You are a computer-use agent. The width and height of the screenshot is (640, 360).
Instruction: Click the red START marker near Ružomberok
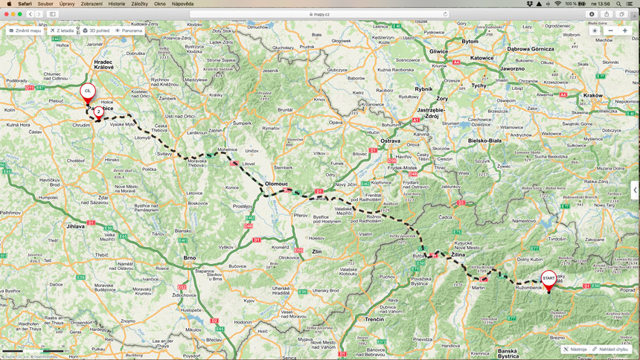548,279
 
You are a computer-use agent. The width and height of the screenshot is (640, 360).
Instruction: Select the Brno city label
189,257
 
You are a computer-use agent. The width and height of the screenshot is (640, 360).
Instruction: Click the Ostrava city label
390,140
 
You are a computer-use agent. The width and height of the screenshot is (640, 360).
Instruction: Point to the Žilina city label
458,254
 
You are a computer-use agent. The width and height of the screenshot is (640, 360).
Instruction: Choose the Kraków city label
593,95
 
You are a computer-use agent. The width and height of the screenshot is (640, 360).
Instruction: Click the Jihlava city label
76,225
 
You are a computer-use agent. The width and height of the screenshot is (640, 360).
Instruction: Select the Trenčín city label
374,318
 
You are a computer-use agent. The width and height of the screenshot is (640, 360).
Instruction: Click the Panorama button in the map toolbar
129,30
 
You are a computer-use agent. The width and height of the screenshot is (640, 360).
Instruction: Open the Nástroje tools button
575,349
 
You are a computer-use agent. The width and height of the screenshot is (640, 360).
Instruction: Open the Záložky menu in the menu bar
140,4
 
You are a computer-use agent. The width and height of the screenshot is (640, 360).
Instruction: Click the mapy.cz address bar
320,13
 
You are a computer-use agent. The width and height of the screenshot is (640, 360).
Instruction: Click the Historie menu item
116,4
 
